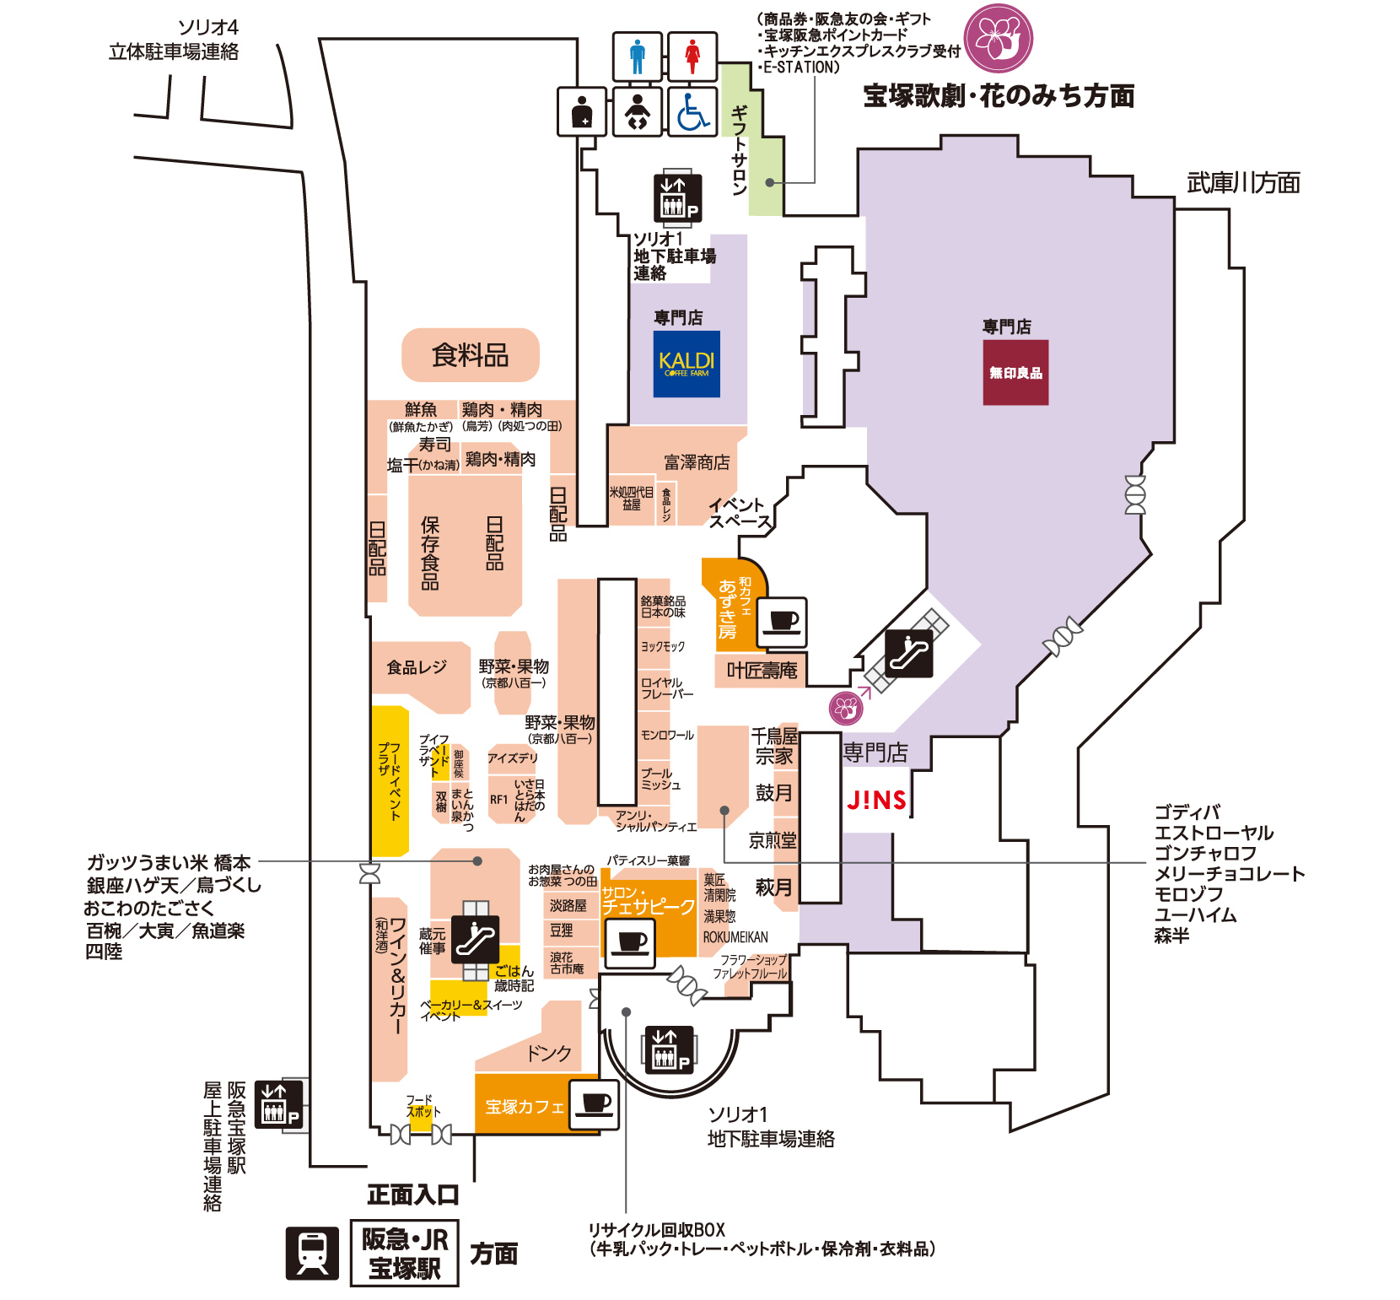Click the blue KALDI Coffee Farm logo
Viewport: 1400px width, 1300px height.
coord(687,364)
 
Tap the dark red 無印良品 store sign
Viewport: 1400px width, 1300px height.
coord(1015,372)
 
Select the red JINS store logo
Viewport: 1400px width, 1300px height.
coord(876,800)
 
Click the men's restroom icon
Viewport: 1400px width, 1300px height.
coord(638,57)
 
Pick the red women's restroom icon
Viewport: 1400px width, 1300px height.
coord(692,57)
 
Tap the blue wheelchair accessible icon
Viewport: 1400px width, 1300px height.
coord(692,111)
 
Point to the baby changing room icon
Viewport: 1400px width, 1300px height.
coord(638,111)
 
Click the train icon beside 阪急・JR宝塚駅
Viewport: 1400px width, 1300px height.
coord(312,1252)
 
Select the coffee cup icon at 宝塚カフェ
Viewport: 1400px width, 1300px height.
coord(595,1104)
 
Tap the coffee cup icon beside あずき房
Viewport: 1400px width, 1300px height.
coord(783,623)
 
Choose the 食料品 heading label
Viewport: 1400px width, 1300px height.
coord(470,355)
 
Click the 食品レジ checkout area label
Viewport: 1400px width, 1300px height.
coord(417,667)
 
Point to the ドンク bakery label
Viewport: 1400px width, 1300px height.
coord(549,1053)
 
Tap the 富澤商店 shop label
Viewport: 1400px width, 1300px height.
coord(697,462)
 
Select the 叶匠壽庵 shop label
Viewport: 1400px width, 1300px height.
coord(762,671)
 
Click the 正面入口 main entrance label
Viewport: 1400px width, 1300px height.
coord(413,1195)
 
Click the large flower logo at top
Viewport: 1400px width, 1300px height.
coord(999,39)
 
